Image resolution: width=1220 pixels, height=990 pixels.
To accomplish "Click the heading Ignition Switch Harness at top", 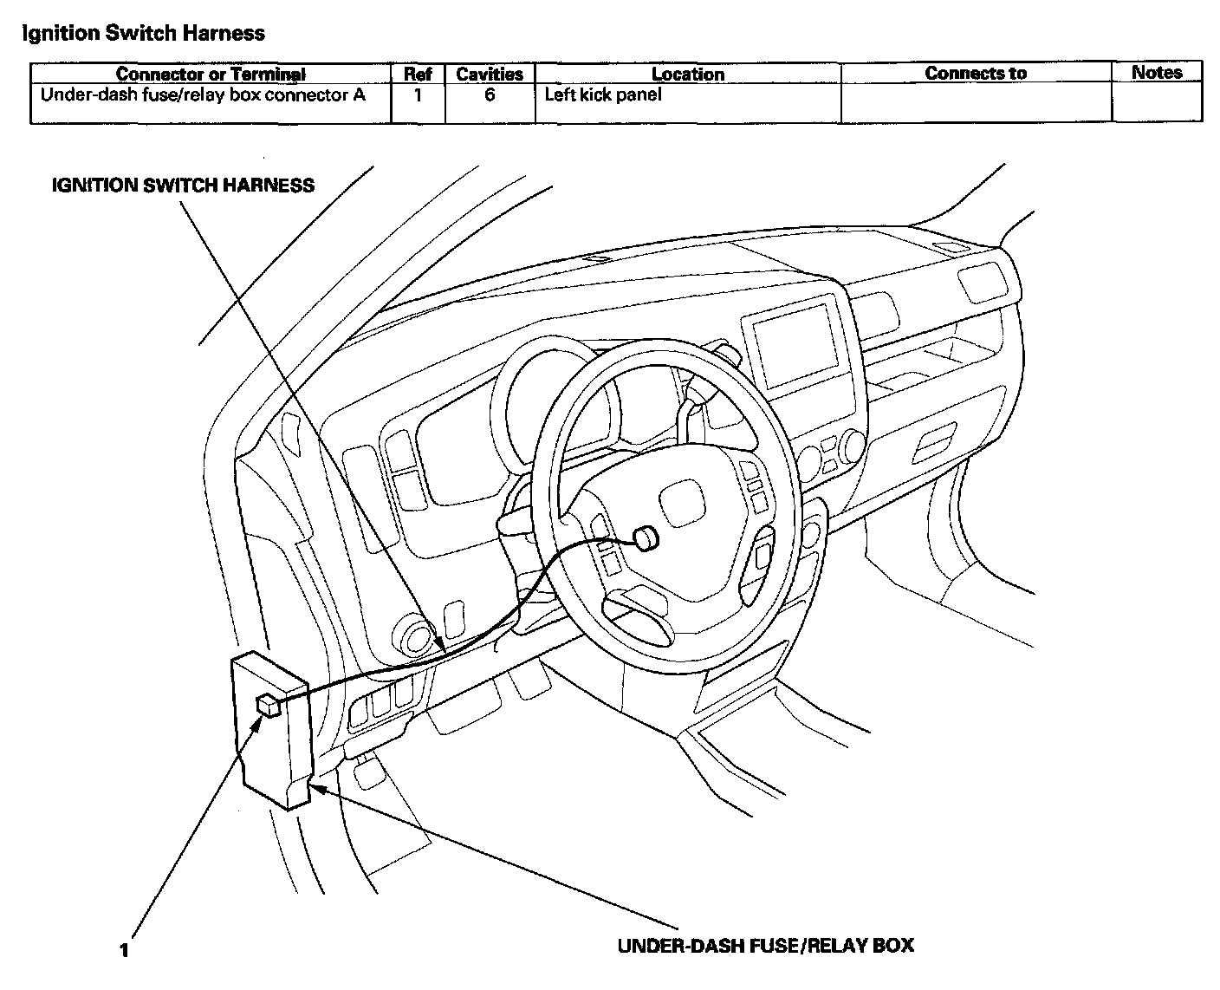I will pos(143,34).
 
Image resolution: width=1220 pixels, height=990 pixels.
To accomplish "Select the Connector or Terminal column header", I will pos(211,75).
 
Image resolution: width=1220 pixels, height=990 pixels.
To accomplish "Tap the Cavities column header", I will pos(490,75).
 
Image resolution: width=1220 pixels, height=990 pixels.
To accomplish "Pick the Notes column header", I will pos(1157,73).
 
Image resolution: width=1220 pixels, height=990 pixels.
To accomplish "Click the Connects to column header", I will pos(976,74).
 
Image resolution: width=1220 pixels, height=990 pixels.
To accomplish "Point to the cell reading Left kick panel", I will pos(602,94).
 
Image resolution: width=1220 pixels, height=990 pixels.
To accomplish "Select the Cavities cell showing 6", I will pos(490,94).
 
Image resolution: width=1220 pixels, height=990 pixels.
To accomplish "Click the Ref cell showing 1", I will pos(418,94).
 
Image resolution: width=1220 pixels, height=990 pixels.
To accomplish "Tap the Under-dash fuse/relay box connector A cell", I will pos(203,94).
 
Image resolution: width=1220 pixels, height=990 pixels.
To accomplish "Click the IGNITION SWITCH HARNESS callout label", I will pos(183,185).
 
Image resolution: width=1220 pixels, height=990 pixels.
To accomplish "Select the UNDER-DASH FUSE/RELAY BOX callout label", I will pos(765,945).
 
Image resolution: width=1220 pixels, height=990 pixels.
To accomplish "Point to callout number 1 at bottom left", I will pos(125,950).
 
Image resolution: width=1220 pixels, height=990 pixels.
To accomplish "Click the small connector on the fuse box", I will pos(267,705).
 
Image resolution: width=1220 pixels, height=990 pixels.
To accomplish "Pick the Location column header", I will pos(688,75).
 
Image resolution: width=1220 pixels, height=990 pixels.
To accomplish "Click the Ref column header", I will pos(418,75).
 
